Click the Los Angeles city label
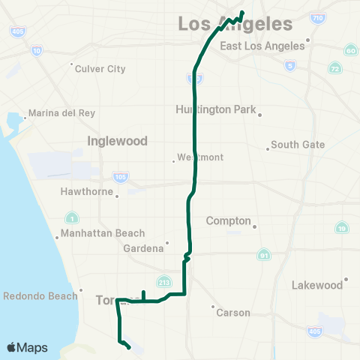pos(235,25)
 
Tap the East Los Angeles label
pos(262,46)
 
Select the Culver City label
pos(100,69)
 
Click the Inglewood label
pos(117,141)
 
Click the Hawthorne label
pos(88,191)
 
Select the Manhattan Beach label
pos(103,233)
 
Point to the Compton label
pos(228,221)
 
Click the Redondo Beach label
pos(40,295)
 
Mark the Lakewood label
pos(317,285)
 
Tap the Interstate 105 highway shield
pos(121,177)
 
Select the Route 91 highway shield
pos(263,255)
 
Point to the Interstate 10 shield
pos(37,51)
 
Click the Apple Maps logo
pos(27,347)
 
